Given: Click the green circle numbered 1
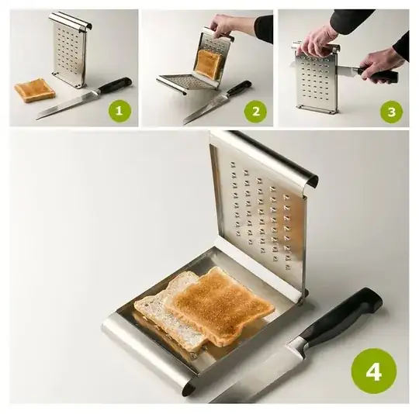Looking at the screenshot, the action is coord(119,111).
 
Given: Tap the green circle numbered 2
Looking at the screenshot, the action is coord(256,112).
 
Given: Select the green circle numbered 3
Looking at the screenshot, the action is coord(392,112).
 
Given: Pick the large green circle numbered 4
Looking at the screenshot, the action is coord(373,371).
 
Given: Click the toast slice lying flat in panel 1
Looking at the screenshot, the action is coord(35,90).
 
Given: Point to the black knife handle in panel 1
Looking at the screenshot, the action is coord(116,85).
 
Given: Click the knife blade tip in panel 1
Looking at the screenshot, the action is coord(37,119).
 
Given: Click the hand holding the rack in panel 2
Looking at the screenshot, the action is coord(223,26).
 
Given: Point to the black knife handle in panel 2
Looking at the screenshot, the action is coord(239,88).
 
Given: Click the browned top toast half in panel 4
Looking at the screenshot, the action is coord(220,306).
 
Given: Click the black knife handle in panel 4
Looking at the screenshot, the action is coord(345,317).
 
